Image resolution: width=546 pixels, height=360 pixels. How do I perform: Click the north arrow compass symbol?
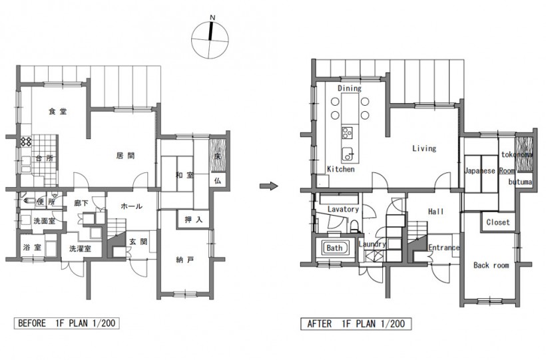210,39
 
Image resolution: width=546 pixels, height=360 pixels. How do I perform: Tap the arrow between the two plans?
269,186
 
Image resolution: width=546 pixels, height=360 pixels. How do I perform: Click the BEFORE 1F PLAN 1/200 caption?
67,323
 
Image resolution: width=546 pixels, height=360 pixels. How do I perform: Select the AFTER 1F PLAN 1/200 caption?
356,324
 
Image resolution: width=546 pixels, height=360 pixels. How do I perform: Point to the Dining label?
350,89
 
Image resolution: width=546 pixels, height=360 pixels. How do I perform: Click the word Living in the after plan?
424,148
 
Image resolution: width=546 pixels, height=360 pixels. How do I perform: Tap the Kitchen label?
341,169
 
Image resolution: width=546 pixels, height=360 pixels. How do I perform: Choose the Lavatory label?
343,209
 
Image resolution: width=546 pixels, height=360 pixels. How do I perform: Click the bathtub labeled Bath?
334,248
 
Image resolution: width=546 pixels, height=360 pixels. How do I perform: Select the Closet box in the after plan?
498,222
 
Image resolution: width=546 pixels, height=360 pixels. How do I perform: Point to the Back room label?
491,266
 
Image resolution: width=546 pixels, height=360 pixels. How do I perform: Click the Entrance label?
443,248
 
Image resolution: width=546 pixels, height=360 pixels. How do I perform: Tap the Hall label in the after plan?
435,212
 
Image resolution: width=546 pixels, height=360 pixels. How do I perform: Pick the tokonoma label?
517,154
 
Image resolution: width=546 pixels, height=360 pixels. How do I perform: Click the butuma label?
520,182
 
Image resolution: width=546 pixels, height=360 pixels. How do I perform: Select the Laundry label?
372,244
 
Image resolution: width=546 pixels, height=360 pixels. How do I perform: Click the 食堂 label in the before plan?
58,111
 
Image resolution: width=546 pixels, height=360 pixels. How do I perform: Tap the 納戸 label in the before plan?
185,260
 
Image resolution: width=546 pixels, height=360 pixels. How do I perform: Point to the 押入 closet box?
194,220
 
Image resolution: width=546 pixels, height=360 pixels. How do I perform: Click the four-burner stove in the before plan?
26,141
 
